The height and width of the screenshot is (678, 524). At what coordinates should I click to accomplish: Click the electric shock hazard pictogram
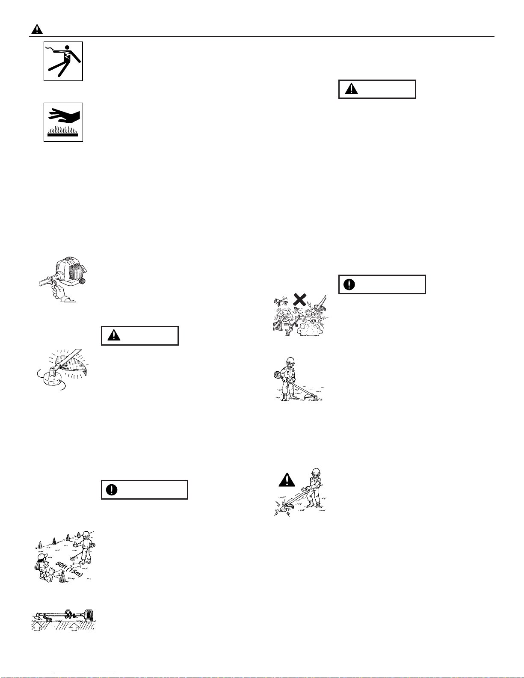click(63, 61)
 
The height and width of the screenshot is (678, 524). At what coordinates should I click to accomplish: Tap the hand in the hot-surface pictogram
click(64, 116)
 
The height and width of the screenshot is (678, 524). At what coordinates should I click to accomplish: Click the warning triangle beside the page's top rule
click(37, 29)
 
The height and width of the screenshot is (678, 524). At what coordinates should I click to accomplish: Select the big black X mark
click(300, 299)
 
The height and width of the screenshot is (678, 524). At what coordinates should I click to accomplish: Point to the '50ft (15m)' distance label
click(69, 569)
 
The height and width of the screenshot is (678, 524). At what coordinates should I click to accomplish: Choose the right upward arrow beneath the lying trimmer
click(74, 626)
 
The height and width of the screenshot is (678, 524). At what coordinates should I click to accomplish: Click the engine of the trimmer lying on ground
click(89, 615)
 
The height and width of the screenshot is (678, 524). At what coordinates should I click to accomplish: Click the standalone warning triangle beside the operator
click(287, 480)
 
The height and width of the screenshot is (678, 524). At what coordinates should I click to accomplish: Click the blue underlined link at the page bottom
click(85, 674)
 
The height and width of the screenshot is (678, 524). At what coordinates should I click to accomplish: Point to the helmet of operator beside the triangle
click(316, 471)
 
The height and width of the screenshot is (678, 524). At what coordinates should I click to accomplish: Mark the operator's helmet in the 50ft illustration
click(86, 534)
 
